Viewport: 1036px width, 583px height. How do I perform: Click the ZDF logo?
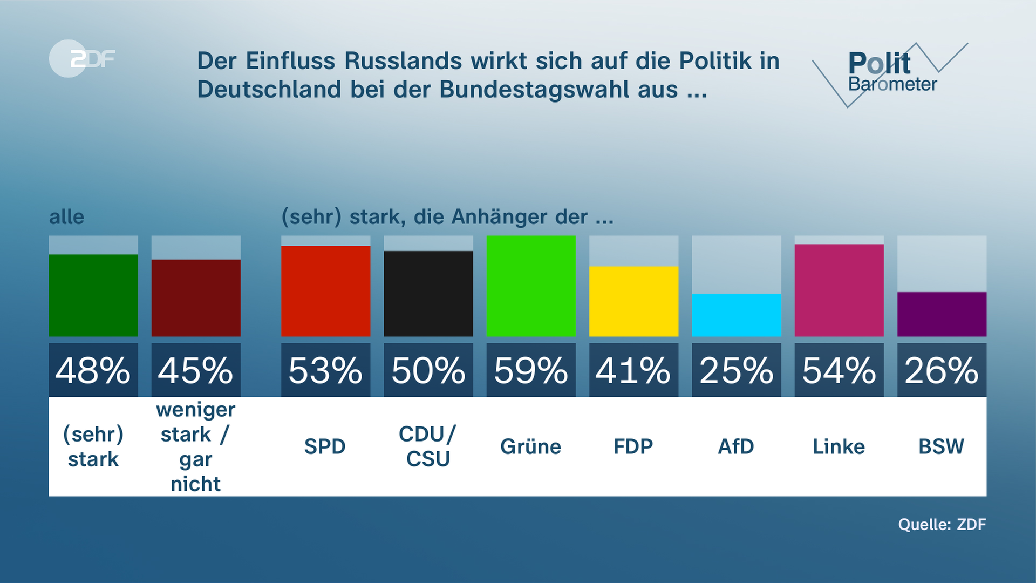click(x=82, y=59)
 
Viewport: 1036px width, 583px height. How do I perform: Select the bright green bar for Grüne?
click(x=531, y=286)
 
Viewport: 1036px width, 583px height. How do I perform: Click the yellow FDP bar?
click(x=633, y=301)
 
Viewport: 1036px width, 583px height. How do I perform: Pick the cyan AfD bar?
click(x=737, y=315)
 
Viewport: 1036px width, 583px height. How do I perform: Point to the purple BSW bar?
click(x=942, y=314)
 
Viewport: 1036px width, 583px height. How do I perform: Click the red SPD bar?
click(x=325, y=291)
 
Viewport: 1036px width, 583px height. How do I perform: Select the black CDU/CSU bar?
click(x=428, y=294)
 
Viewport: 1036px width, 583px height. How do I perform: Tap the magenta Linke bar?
click(x=839, y=290)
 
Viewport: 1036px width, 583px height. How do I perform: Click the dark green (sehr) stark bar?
click(x=93, y=295)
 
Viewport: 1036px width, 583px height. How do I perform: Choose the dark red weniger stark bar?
click(x=196, y=298)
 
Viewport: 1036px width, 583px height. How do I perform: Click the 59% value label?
click(x=531, y=371)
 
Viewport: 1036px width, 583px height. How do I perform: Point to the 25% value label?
click(x=737, y=371)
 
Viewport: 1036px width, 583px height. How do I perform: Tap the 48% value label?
click(x=93, y=371)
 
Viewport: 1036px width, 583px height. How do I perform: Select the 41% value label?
click(x=633, y=371)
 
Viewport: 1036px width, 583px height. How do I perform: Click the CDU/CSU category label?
click(x=428, y=446)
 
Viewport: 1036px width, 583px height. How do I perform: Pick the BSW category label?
click(x=942, y=446)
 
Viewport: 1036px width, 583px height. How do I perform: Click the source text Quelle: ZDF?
click(x=942, y=524)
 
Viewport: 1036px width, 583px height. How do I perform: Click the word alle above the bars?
click(x=67, y=217)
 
